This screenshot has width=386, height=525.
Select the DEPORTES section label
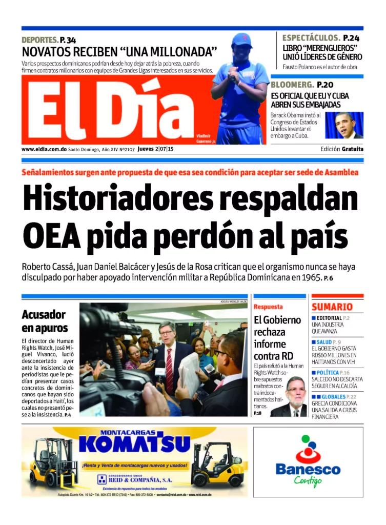click(x=39, y=40)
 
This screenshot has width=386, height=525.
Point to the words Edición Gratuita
click(x=342, y=149)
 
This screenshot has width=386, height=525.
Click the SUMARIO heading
click(x=332, y=307)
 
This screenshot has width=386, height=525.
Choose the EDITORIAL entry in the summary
click(x=329, y=318)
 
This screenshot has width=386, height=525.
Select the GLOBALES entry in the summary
click(x=333, y=396)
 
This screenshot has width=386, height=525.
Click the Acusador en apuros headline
click(x=45, y=321)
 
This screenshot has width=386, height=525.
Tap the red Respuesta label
click(x=268, y=307)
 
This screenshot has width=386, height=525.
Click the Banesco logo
click(x=308, y=461)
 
